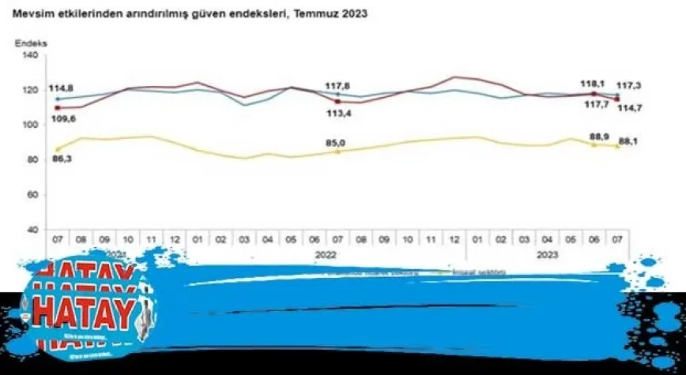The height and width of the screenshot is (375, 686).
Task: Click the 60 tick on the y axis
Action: pyautogui.click(x=31, y=194)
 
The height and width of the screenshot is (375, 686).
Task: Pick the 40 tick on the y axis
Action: pyautogui.click(x=31, y=229)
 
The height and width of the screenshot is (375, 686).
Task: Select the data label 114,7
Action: pyautogui.click(x=629, y=107)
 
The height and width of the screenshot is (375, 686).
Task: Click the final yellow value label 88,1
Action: pyautogui.click(x=629, y=142)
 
